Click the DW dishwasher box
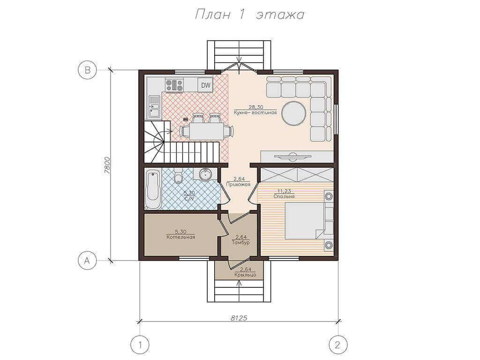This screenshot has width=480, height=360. [206, 85]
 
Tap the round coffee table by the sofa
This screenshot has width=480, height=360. [293, 113]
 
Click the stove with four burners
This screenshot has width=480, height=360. [174, 85]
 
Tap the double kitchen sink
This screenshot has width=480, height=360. [154, 106]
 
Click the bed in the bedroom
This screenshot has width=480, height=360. [304, 220]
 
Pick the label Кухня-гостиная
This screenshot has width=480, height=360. [255, 112]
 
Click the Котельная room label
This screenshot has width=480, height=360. [180, 237]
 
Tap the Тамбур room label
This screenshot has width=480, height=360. [240, 242]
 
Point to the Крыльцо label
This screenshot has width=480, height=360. [245, 275]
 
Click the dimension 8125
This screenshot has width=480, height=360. [239, 318]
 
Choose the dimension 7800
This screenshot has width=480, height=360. [107, 165]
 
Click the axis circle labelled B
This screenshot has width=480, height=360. [88, 70]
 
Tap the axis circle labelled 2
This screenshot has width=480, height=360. [338, 345]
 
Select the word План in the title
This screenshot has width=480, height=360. [212, 15]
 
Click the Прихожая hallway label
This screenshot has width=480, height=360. [238, 184]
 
